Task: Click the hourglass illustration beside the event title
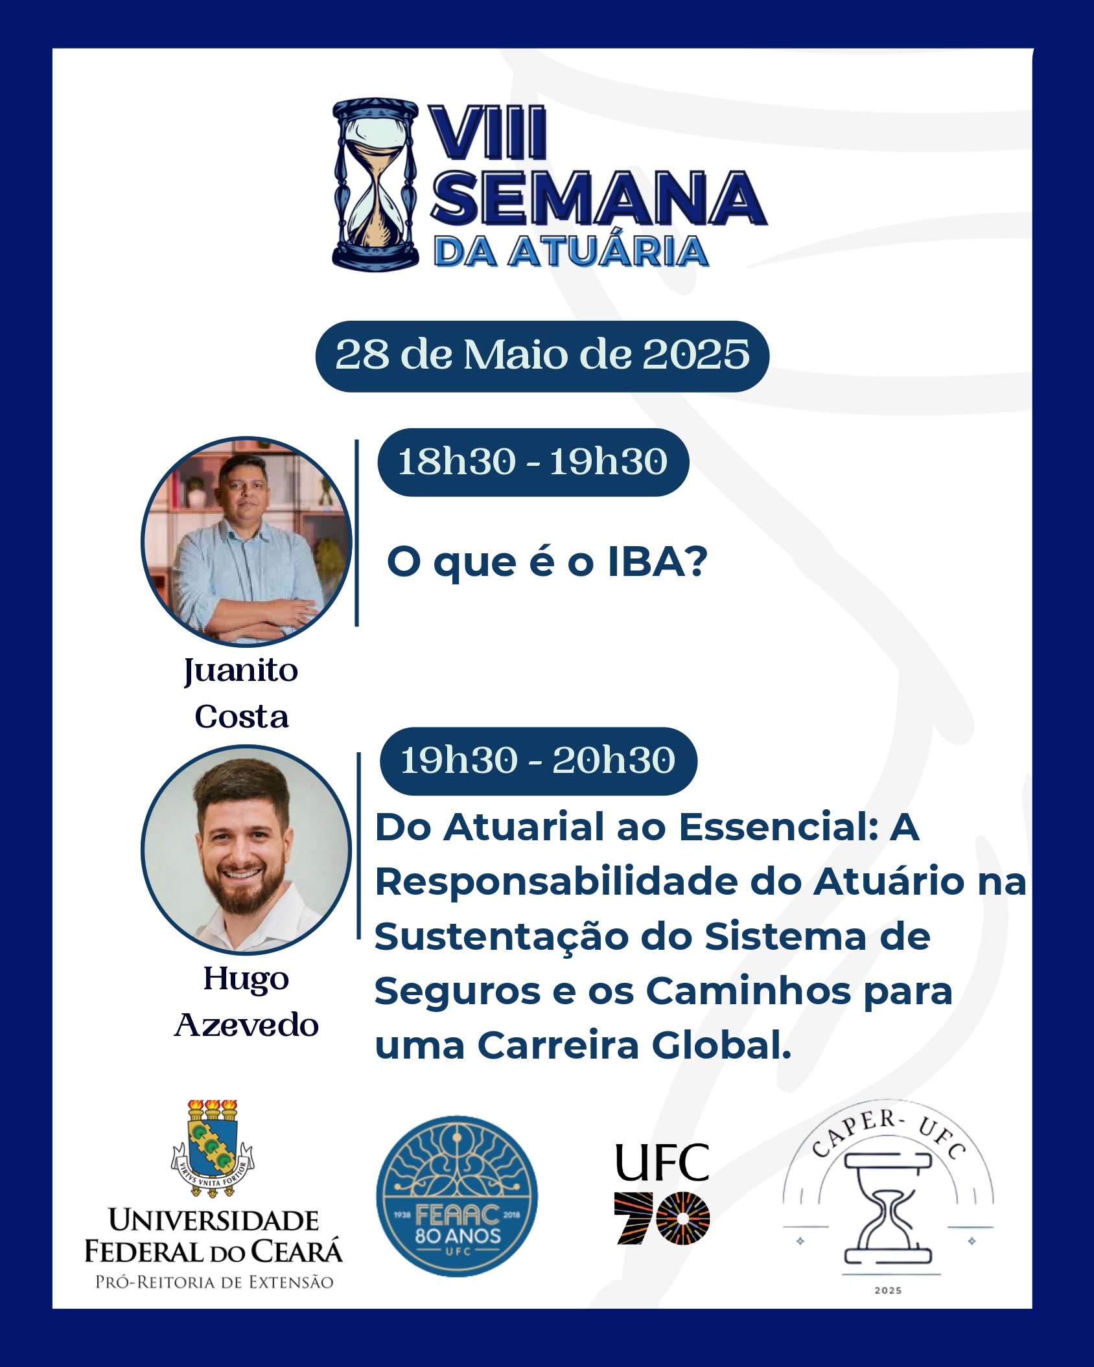(375, 185)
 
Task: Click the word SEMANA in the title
(599, 198)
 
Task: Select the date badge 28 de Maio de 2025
(542, 356)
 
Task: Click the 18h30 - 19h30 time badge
(533, 462)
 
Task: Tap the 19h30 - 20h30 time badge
(538, 761)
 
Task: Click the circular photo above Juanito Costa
(246, 542)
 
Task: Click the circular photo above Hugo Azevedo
(246, 849)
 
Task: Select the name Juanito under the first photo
(241, 671)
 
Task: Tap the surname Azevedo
(246, 1025)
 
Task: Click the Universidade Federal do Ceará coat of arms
(213, 1147)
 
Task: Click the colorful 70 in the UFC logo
(662, 1218)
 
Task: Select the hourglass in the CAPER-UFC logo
(888, 1209)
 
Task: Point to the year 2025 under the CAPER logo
(888, 1291)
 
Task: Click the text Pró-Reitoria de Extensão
(214, 1282)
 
